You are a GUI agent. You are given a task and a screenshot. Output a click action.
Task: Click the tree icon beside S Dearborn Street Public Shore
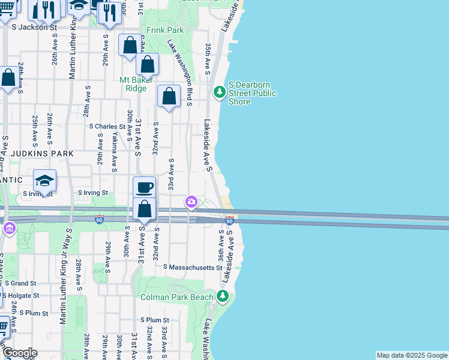220,91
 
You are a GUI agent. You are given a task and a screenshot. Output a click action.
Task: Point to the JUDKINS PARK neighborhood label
37,154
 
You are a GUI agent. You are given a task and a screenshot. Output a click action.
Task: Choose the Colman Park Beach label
176,297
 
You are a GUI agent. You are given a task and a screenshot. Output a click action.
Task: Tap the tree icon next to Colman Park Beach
223,296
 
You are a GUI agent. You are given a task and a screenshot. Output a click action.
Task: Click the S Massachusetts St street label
188,266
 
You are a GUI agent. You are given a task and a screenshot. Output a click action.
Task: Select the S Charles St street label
107,127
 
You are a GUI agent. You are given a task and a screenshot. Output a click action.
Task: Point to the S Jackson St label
34,27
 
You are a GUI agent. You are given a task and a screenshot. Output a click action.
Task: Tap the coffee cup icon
144,187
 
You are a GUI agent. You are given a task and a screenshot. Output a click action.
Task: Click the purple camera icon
191,202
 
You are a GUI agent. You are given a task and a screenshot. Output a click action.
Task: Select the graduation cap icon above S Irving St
44,180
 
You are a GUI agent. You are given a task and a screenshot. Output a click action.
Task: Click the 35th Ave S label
208,58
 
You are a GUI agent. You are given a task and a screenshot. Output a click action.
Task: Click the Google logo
19,353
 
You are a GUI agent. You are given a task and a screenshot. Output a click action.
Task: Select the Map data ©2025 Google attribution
411,355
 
